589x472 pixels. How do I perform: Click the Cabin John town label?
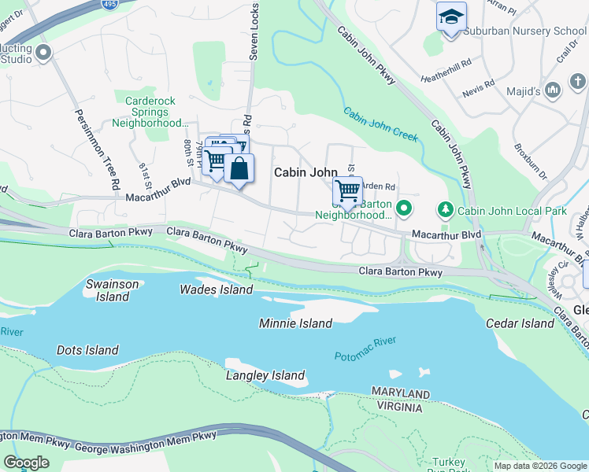point(306,172)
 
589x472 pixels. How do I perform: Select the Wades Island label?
point(217,289)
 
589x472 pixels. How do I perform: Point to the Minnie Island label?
point(295,323)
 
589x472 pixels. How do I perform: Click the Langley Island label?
point(265,376)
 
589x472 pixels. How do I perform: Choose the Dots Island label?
point(87,350)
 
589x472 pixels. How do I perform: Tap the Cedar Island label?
point(520,323)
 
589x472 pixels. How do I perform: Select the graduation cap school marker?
point(451,17)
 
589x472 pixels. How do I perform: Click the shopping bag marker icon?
point(239,168)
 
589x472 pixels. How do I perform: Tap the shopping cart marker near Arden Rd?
point(347,191)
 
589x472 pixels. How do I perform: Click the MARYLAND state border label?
point(402,394)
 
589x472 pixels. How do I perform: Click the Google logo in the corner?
point(27,463)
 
